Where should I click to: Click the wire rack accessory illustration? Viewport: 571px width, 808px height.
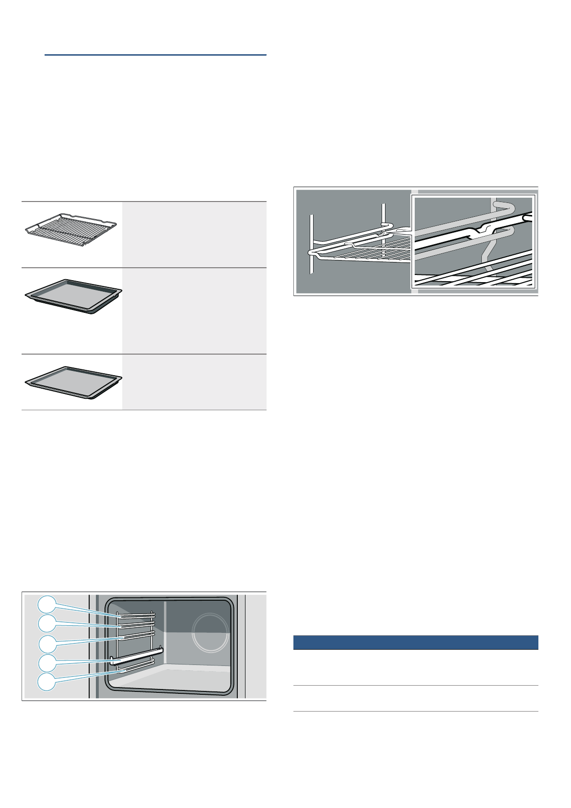[x=71, y=230]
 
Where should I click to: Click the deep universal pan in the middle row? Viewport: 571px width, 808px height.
[x=73, y=296]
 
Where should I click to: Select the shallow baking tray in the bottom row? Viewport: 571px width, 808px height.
[x=73, y=382]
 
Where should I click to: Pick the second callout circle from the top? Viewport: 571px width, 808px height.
[x=47, y=624]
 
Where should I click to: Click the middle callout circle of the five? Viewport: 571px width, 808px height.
[x=47, y=643]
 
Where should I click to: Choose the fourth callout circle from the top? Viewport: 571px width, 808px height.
[x=47, y=663]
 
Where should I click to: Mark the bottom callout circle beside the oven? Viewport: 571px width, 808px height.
[x=47, y=682]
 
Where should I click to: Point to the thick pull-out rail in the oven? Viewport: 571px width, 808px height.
[x=137, y=656]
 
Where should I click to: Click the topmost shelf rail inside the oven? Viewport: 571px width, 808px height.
[x=135, y=615]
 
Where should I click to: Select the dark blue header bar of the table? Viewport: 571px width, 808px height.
[x=415, y=642]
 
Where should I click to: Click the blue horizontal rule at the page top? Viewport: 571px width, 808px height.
[x=155, y=55]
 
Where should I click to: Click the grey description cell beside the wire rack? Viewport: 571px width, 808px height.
[x=194, y=235]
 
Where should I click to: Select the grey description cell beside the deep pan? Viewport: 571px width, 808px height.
[x=194, y=311]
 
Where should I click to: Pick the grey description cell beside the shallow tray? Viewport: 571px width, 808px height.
[x=194, y=382]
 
